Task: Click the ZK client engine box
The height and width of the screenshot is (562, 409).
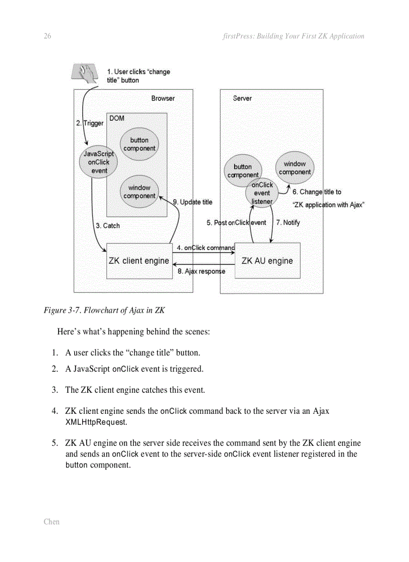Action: point(139,261)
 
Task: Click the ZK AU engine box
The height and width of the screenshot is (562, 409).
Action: point(267,261)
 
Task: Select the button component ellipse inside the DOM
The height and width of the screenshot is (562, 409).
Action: point(139,144)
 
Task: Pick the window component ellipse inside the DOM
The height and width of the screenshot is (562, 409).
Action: point(139,192)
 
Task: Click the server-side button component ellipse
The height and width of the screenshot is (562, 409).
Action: point(243,171)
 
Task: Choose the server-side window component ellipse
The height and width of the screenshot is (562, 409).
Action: point(295,168)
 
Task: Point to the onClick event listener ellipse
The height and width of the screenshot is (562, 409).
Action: point(262,193)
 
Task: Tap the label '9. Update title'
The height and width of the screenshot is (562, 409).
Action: point(192,202)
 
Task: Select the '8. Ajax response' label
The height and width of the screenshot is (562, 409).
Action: point(201,272)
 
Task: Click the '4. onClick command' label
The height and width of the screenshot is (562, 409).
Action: point(206,248)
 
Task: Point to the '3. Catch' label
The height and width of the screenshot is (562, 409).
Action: point(108,226)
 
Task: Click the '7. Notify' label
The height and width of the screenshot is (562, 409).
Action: point(288,222)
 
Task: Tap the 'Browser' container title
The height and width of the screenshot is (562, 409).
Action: point(163,99)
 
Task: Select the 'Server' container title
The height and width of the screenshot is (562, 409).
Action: point(242,99)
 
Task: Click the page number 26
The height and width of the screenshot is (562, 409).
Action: point(48,36)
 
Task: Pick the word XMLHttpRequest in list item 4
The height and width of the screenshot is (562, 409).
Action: point(96,422)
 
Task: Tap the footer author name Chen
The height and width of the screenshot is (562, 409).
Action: point(51,521)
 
